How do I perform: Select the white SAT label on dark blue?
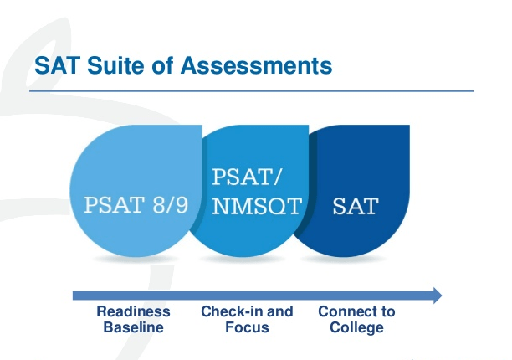pyautogui.click(x=355, y=206)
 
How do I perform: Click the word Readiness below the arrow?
pyautogui.click(x=133, y=311)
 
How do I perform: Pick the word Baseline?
pyautogui.click(x=133, y=327)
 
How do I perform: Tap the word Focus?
pyautogui.click(x=247, y=327)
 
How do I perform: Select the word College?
pyautogui.click(x=356, y=327)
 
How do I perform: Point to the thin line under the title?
pyautogui.click(x=251, y=90)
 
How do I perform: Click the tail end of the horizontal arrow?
pyautogui.click(x=77, y=295)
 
